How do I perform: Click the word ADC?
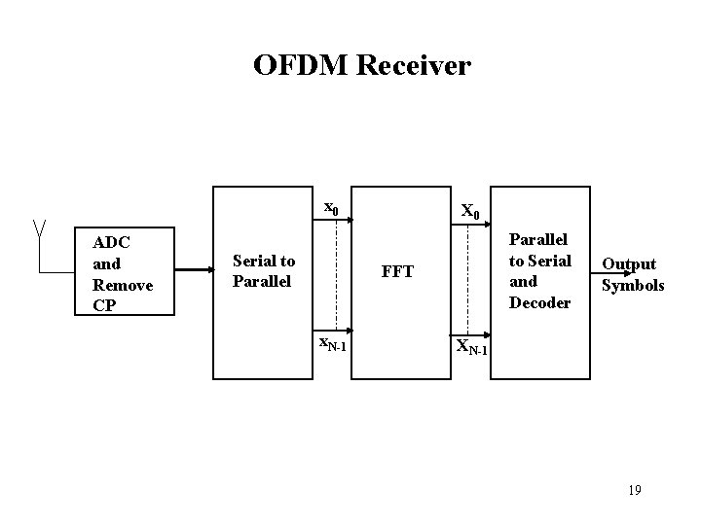click(x=111, y=243)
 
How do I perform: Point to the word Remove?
click(x=121, y=285)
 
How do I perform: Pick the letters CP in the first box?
click(x=103, y=305)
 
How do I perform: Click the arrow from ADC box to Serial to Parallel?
click(x=196, y=271)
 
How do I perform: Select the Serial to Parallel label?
click(x=263, y=270)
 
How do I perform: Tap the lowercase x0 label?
click(x=331, y=207)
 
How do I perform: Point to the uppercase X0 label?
click(x=468, y=211)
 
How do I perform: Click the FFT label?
click(x=397, y=271)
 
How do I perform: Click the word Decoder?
click(x=540, y=302)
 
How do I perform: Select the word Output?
click(x=629, y=263)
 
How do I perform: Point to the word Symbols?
click(x=633, y=285)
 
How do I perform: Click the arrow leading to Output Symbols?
click(x=613, y=273)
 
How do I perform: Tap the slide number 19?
click(x=634, y=490)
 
